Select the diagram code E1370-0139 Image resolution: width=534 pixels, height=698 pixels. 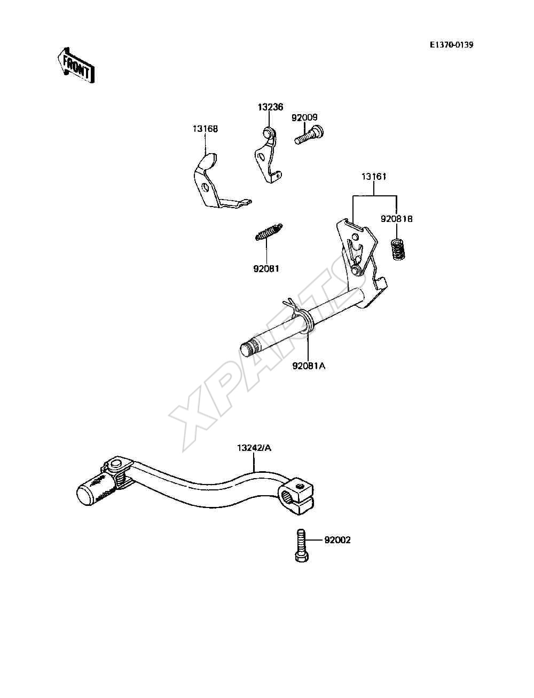point(451,45)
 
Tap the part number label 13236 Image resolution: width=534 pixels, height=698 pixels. point(270,107)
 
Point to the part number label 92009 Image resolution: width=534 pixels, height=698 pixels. point(304,117)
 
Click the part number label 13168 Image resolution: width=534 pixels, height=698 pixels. point(205,129)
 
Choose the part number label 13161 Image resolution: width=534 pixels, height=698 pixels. point(374,177)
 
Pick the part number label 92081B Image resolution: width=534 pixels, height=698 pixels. point(397,219)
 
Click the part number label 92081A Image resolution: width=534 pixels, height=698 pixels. point(309,366)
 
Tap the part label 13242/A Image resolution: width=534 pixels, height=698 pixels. point(254,448)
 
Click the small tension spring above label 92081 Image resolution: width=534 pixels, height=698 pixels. point(269,232)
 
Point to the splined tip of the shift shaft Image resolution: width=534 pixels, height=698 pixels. point(249,348)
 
